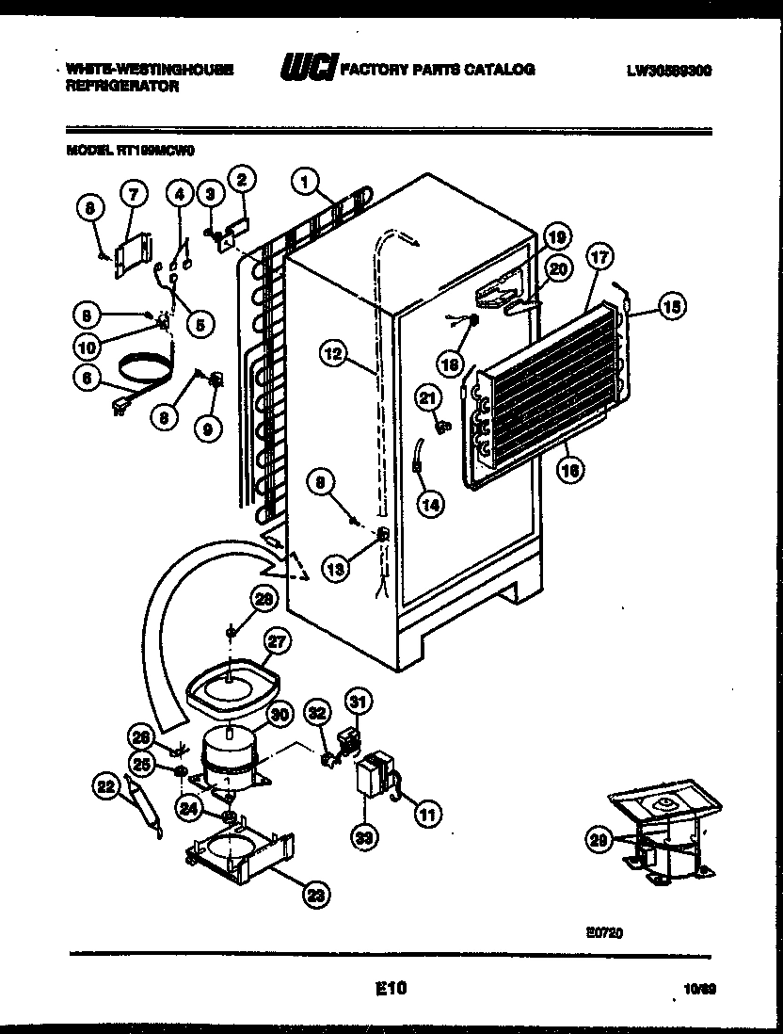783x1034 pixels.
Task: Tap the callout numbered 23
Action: click(x=318, y=897)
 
